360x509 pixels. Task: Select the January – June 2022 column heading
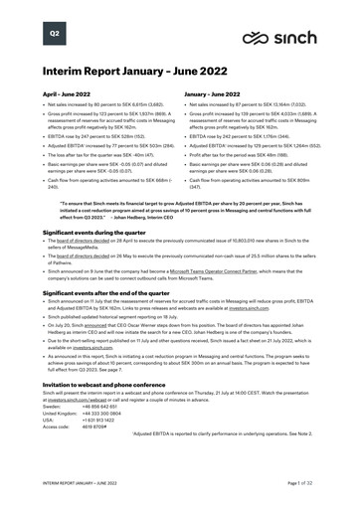217,94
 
